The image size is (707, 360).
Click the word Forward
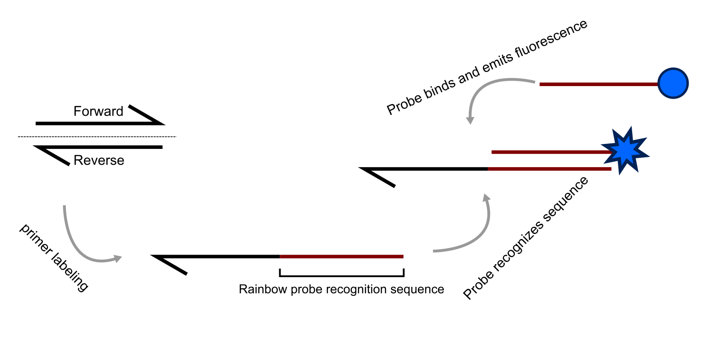[x=98, y=111]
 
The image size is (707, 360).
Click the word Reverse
[x=99, y=160]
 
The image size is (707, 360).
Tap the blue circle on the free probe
[x=673, y=83]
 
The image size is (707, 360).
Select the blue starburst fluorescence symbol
[x=625, y=151]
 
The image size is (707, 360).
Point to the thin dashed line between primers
[x=97, y=136]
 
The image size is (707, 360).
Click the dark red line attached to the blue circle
[x=599, y=84]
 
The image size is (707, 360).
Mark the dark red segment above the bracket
[x=342, y=257]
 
